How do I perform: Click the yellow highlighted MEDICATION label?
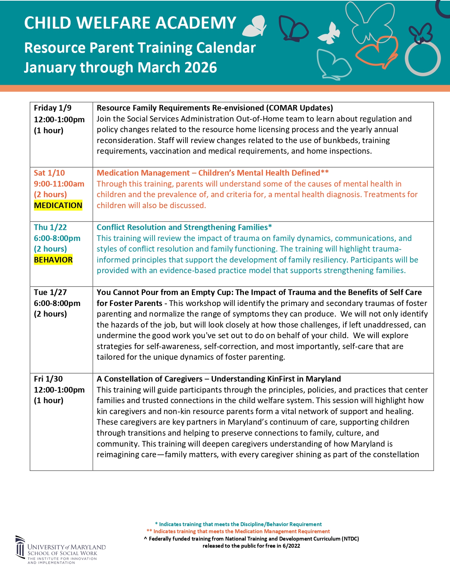(58, 205)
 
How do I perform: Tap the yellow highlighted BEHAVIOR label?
(53, 260)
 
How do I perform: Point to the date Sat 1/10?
(49, 173)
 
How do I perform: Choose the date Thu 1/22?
(50, 227)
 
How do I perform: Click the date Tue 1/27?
(50, 292)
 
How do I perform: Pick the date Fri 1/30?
(48, 379)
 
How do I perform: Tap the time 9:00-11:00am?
(59, 184)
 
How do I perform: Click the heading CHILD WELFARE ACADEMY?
(130, 23)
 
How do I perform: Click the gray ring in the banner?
(422, 59)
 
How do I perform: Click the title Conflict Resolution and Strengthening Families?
(184, 227)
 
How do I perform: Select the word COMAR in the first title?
(283, 108)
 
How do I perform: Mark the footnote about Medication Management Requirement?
(238, 531)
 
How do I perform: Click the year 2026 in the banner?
(200, 67)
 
